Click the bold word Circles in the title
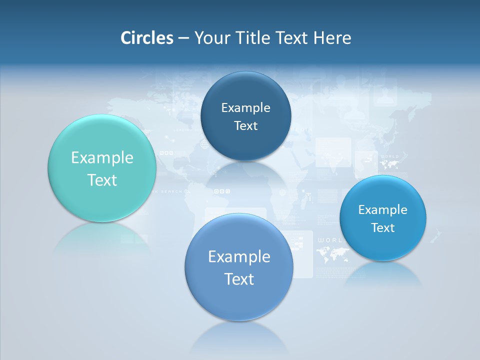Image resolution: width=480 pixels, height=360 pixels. click(x=147, y=38)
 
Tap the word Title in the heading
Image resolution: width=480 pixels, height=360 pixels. click(x=253, y=38)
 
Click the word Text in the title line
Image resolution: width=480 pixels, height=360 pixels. click(x=292, y=38)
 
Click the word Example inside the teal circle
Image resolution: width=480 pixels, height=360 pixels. click(x=102, y=158)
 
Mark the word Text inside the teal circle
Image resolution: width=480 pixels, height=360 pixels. click(x=102, y=180)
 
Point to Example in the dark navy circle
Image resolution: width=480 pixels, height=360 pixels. click(x=245, y=108)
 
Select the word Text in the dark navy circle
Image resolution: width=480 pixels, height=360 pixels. click(x=245, y=126)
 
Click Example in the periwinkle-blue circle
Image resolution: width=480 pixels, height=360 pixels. click(x=239, y=257)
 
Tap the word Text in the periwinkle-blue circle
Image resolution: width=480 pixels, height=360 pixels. click(x=239, y=279)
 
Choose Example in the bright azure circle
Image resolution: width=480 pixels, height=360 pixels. click(x=383, y=210)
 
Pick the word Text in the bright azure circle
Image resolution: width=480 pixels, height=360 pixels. click(x=383, y=228)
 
